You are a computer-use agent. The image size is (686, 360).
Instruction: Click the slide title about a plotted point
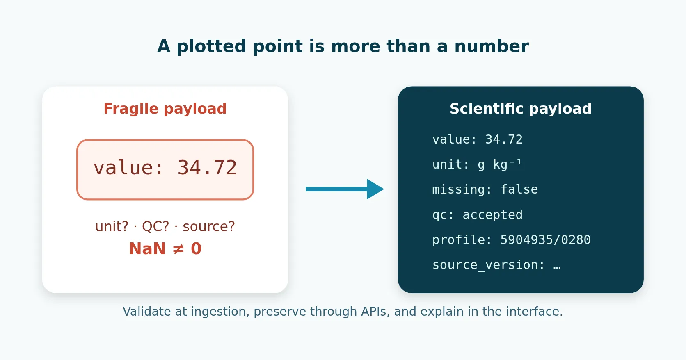pyautogui.click(x=343, y=46)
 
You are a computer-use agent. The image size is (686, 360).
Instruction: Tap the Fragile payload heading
pyautogui.click(x=165, y=109)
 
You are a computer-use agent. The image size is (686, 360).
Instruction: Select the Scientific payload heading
pyautogui.click(x=521, y=109)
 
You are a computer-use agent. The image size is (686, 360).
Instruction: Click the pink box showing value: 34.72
pyautogui.click(x=165, y=170)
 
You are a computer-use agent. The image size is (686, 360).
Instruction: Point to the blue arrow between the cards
pyautogui.click(x=345, y=189)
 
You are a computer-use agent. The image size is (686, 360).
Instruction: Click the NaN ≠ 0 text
pyautogui.click(x=165, y=248)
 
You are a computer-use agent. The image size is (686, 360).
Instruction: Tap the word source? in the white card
pyautogui.click(x=208, y=226)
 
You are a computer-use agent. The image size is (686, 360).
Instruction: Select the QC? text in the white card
pyautogui.click(x=155, y=226)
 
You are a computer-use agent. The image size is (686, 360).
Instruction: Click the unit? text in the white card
pyautogui.click(x=112, y=226)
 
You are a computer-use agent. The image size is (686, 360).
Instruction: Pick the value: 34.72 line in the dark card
pyautogui.click(x=478, y=139)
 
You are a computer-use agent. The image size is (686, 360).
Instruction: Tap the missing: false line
pyautogui.click(x=485, y=189)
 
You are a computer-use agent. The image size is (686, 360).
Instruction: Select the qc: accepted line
pyautogui.click(x=478, y=215)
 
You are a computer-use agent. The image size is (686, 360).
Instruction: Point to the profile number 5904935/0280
pyautogui.click(x=545, y=240)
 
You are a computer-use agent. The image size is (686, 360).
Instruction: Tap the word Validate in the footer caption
pyautogui.click(x=147, y=312)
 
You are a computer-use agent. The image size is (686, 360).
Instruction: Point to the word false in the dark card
pyautogui.click(x=519, y=189)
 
